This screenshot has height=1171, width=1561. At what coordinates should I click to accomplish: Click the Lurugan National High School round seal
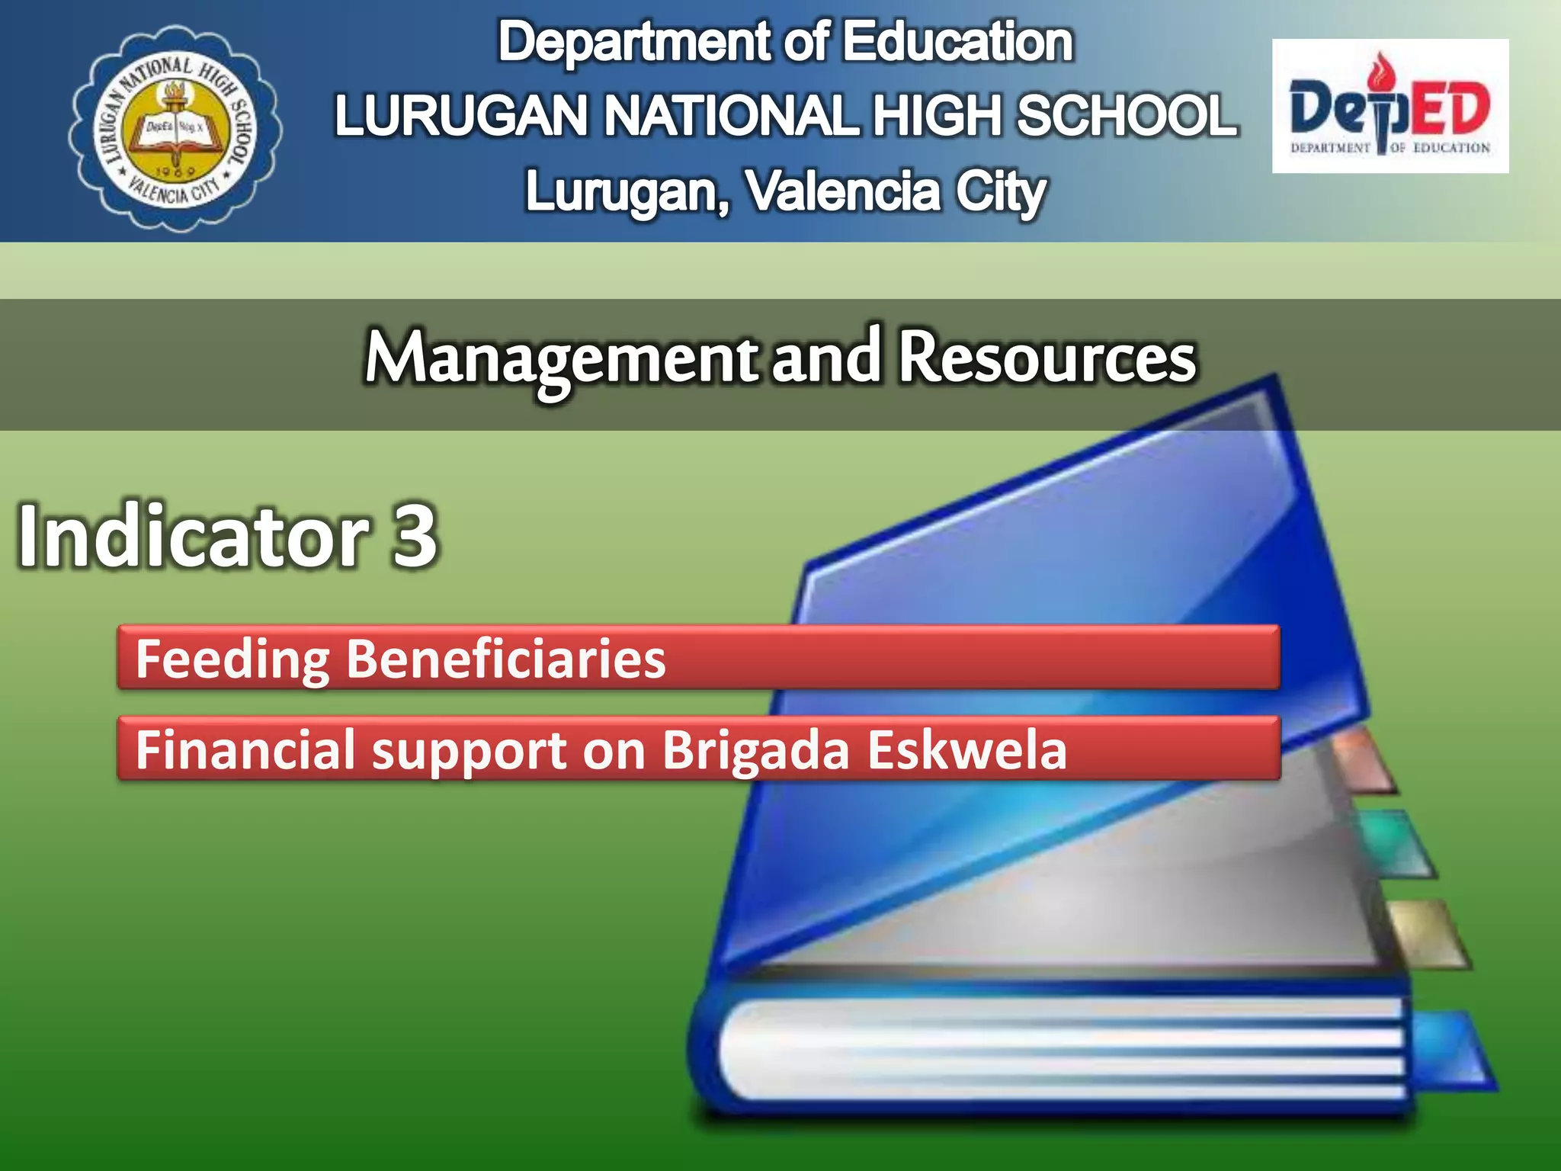tap(175, 127)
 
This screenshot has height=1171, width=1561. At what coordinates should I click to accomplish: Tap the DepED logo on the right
tap(1390, 106)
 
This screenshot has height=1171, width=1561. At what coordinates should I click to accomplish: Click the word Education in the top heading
tap(957, 42)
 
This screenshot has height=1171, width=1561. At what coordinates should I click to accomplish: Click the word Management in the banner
tap(561, 358)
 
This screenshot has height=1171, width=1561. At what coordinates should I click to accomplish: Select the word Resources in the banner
tap(1047, 358)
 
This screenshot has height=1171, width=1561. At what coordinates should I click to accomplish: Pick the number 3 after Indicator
tap(415, 536)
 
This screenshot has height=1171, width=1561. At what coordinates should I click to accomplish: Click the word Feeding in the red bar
tap(232, 659)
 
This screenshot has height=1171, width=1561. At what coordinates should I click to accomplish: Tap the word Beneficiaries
tap(506, 659)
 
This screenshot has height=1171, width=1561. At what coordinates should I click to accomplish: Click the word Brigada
tap(755, 749)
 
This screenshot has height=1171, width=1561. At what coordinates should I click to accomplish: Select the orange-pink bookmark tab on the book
tap(1364, 759)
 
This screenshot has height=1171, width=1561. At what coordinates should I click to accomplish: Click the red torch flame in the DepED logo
tap(1379, 72)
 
